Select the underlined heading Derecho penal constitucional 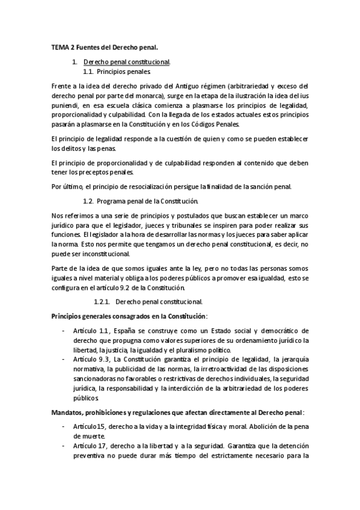(x=127, y=62)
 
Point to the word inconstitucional (x=81, y=254)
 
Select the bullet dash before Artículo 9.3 (x=63, y=359)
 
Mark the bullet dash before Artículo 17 (x=63, y=446)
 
